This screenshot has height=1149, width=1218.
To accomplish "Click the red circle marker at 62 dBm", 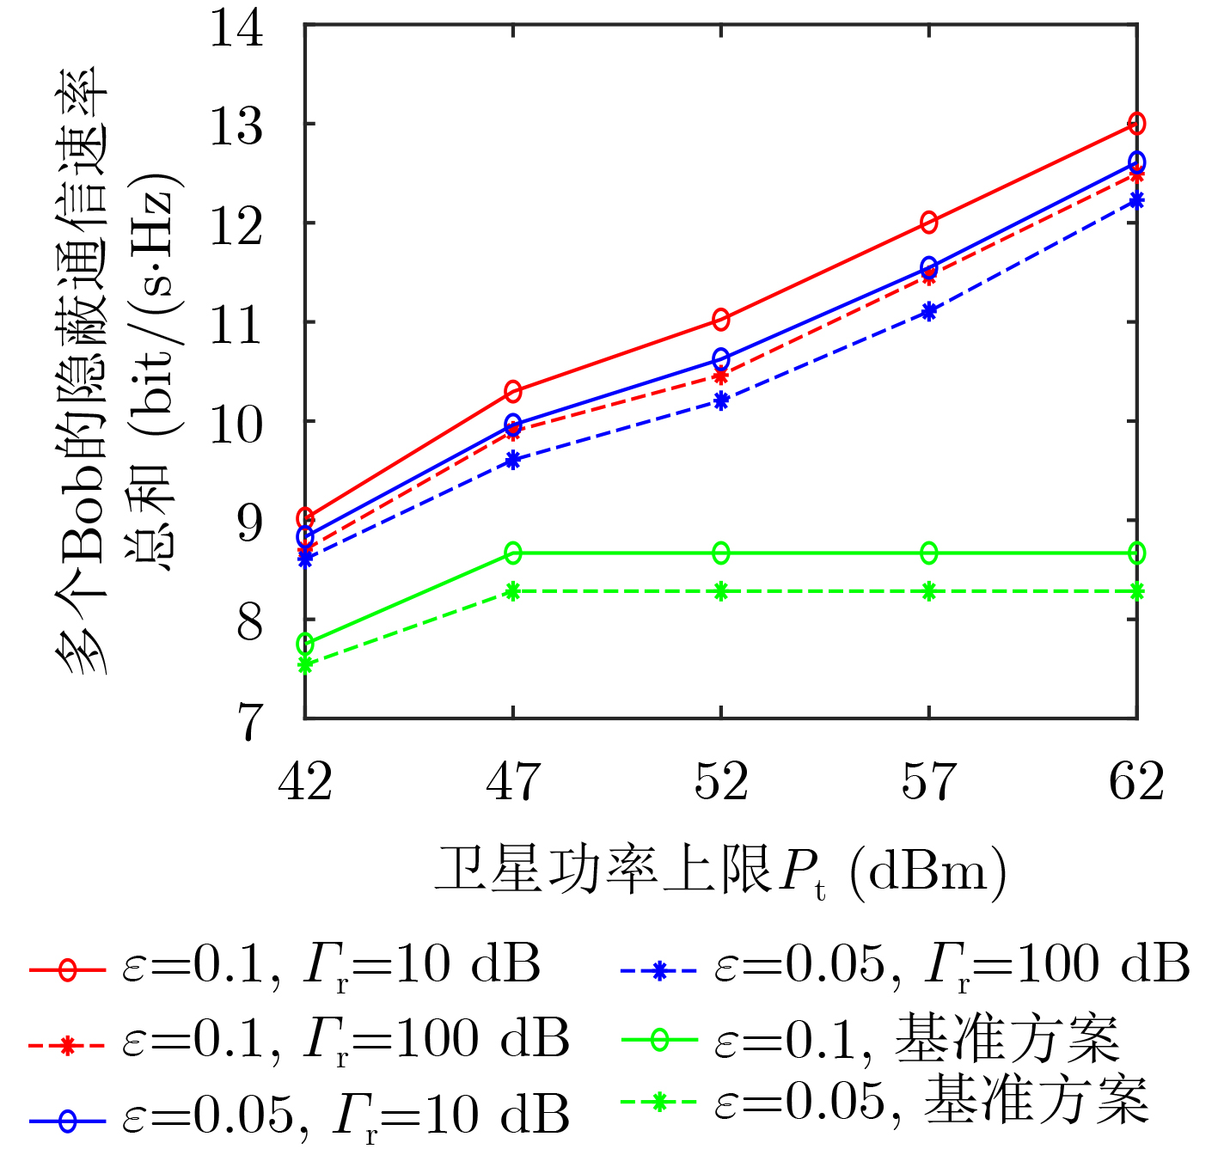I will click(x=1136, y=124).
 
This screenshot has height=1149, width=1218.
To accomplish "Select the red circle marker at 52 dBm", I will click(x=720, y=320).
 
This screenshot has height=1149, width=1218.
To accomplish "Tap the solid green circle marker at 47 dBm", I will click(x=513, y=553).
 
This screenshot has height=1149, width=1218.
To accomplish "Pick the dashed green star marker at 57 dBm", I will click(x=929, y=591).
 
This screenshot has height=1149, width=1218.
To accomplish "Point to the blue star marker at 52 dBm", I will click(x=720, y=400).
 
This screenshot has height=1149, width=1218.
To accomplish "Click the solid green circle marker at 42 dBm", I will click(x=305, y=644).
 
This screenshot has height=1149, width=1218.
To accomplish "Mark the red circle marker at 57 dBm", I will click(x=929, y=223).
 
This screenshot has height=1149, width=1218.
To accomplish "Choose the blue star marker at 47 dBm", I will click(x=513, y=460).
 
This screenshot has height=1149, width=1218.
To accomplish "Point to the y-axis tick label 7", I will click(x=249, y=720).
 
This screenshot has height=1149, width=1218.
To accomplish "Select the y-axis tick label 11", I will click(x=236, y=323).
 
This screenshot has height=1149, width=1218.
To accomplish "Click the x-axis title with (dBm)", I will click(x=720, y=872).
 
